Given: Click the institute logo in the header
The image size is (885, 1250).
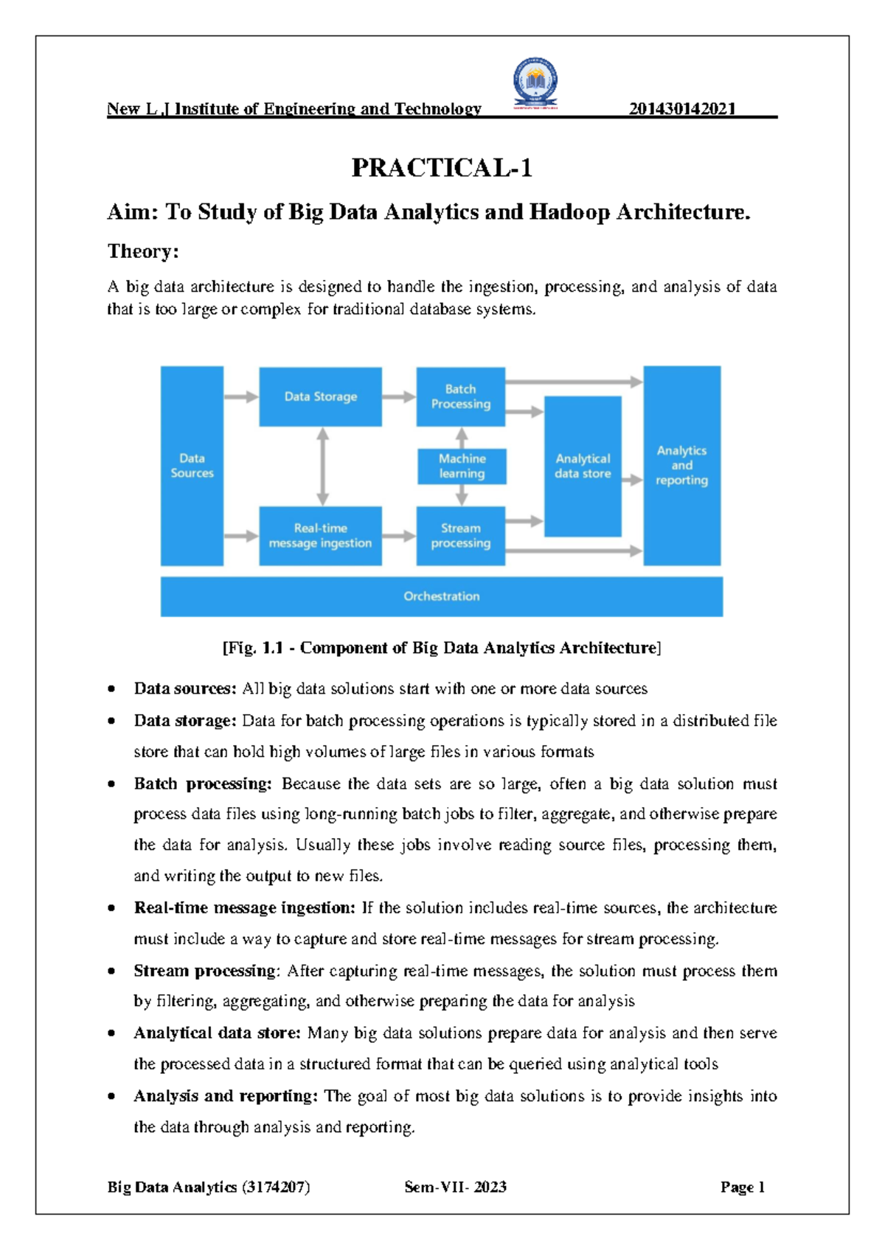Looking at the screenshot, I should pos(535,83).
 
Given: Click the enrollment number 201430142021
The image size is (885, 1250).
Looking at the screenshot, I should pos(682,109).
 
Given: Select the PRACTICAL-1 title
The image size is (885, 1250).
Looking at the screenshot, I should pos(442,168).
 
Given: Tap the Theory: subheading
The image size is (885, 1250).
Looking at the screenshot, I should pos(143,251).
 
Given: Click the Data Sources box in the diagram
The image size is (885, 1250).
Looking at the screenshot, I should pos(192,466).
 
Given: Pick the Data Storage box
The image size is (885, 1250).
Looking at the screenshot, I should pos(320,397).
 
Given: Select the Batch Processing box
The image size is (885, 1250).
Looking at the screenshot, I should pos(460,397).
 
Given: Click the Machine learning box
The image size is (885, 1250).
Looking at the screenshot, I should pos(462,467).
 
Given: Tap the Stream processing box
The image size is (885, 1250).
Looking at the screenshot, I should pos(460,536).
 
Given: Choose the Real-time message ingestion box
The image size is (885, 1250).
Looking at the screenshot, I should pos(320,536).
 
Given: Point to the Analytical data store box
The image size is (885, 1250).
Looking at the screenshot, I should pos(583,466).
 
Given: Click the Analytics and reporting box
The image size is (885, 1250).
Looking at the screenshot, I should pos(681,465).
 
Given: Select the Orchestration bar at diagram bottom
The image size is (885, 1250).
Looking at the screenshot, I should pos(441,596).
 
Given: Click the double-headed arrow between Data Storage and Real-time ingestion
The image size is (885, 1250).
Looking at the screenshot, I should pos(322,466).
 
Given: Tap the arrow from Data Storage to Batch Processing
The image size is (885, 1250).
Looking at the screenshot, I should pos(399,397).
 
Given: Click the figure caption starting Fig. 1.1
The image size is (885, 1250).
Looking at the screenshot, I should pos(441,648).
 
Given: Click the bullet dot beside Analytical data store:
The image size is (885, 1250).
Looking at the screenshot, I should pos(111,1033).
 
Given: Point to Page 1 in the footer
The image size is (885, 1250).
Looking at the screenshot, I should pos(742,1187).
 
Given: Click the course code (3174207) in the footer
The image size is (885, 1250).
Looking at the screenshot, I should pos(275,1187).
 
